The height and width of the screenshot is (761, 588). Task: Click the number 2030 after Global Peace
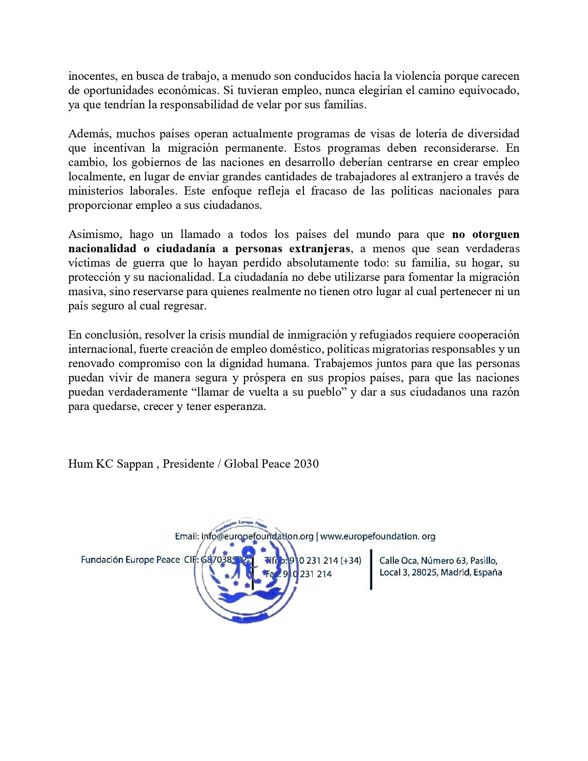point(306,464)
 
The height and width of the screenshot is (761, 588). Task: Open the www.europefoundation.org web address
point(378,536)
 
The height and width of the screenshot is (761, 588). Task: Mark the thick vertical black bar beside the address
point(371,569)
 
